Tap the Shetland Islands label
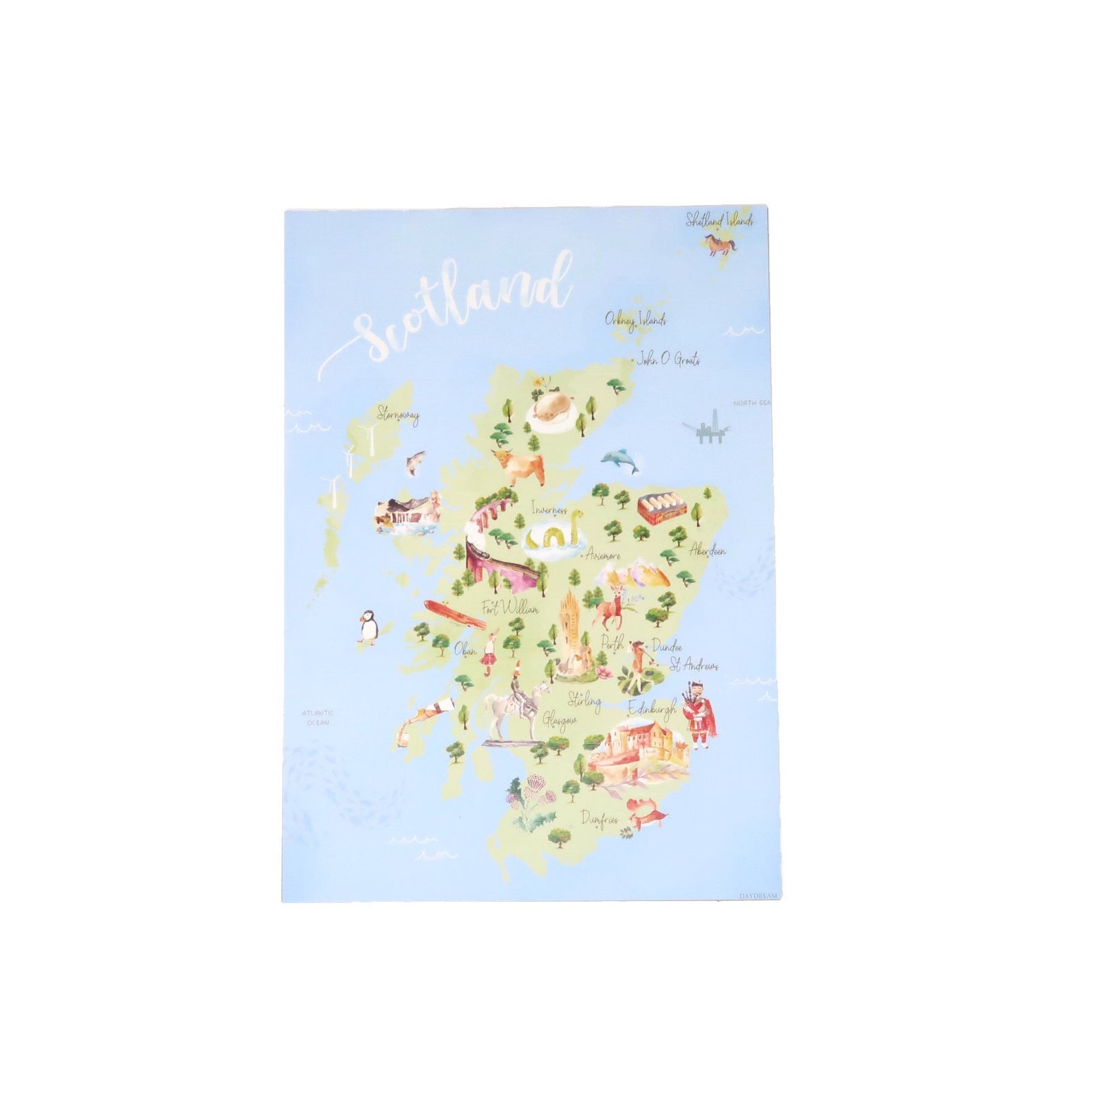[x=719, y=220]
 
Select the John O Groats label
[x=668, y=359]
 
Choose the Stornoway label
[x=398, y=415]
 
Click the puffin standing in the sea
[x=368, y=627]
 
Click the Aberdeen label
[x=708, y=551]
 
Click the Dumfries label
[x=599, y=819]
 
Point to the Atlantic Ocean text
[x=318, y=717]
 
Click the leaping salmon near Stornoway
[x=414, y=462]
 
